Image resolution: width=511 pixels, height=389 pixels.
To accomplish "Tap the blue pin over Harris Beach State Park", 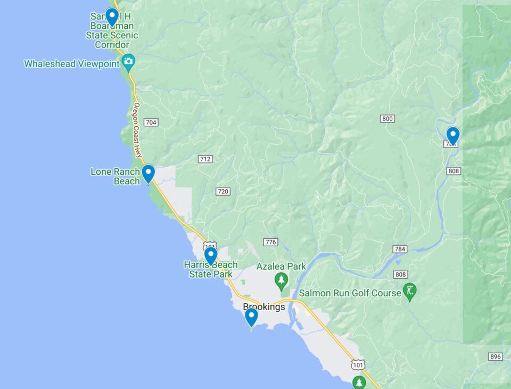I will click(x=211, y=256).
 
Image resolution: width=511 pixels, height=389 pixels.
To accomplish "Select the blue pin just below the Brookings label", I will click(x=251, y=317).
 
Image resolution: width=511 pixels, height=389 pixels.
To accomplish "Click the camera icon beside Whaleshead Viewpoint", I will click(x=128, y=62).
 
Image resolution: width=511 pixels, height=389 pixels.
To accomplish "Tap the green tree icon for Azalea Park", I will click(x=281, y=279).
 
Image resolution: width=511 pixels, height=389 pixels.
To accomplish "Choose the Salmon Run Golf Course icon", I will click(x=410, y=291).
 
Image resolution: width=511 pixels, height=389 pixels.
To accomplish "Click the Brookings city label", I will click(x=263, y=307).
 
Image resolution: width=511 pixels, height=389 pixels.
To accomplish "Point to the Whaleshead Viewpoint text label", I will click(x=72, y=64).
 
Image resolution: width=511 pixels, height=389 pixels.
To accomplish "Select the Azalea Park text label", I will click(x=281, y=266).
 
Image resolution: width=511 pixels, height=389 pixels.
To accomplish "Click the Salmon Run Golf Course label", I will click(x=350, y=293).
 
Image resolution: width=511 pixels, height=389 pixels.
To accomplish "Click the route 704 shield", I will click(x=151, y=123).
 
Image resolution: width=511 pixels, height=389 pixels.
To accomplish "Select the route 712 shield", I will click(x=205, y=159).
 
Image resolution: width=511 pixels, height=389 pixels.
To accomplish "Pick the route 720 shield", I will click(x=223, y=191).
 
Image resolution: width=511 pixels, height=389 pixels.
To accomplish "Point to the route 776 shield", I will click(x=270, y=242).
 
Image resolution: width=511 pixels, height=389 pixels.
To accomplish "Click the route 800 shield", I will click(x=388, y=118).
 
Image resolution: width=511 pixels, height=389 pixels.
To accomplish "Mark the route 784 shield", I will click(x=400, y=249).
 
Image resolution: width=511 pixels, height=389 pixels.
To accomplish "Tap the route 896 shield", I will click(x=495, y=356).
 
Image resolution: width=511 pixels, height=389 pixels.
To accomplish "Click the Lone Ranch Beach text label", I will click(x=115, y=176).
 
